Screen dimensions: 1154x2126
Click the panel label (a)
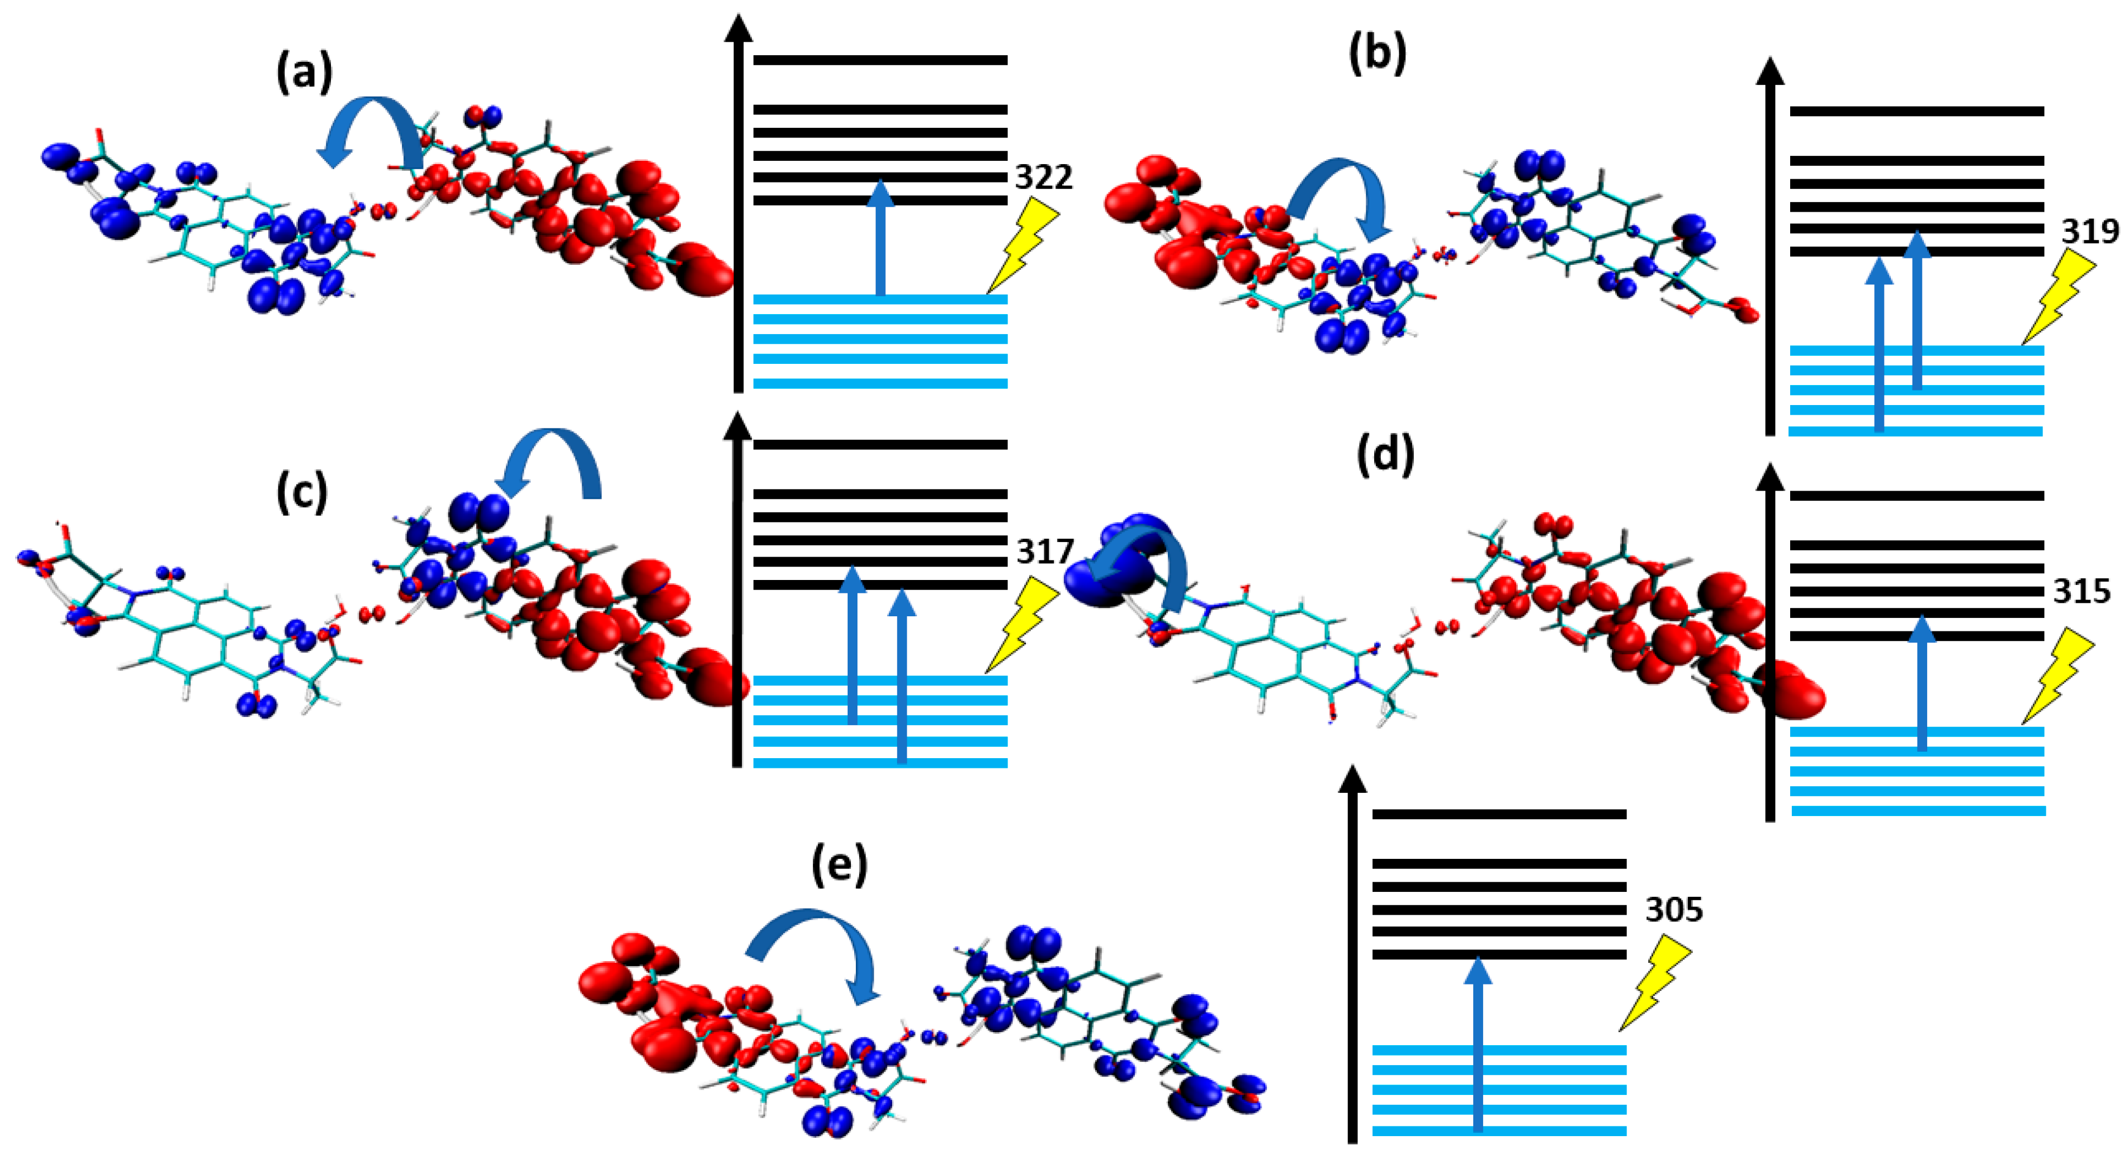coord(304,72)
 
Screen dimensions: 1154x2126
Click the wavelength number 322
coord(1043,177)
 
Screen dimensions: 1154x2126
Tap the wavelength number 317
coord(1045,551)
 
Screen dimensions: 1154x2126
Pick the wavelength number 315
coord(2082,591)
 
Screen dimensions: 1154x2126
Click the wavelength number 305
coord(1674,910)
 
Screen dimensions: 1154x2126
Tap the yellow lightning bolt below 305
coord(1656,982)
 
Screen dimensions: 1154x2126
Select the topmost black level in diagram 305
coord(1499,814)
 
